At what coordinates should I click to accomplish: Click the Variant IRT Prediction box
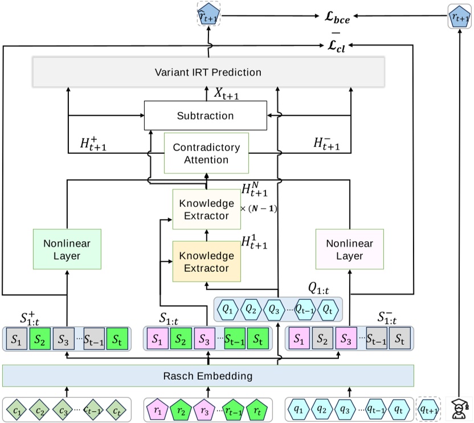(x=208, y=72)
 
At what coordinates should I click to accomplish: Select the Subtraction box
(x=206, y=116)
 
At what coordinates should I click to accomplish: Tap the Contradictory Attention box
(x=207, y=153)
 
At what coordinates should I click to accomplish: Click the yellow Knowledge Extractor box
(x=207, y=262)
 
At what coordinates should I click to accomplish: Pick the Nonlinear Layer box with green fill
(x=67, y=250)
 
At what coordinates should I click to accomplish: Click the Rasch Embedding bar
(x=208, y=376)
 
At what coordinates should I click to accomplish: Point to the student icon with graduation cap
(x=459, y=408)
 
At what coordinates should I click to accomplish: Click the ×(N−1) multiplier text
(x=259, y=209)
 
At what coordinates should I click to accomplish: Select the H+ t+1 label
(x=94, y=143)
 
